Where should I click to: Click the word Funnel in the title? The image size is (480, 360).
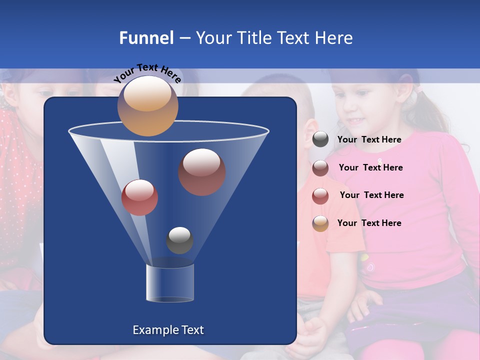coord(146,38)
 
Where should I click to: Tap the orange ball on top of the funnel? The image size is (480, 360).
coord(148,105)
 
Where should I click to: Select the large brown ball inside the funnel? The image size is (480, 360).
coord(201,171)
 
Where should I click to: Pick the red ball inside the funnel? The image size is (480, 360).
coord(139,197)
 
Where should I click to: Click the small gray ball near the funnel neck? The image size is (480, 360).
coord(179,240)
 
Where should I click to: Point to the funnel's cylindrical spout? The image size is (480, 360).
coord(169,283)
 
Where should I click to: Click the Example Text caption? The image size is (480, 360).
coord(168,330)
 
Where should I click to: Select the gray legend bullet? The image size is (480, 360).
coord(320,139)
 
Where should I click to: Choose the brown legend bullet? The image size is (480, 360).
coord(320,168)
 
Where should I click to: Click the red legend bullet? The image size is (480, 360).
coord(320,195)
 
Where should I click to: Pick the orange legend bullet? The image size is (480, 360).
coord(320,223)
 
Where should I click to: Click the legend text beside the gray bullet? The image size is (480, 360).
coord(369,139)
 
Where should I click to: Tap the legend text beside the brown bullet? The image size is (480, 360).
coord(370,167)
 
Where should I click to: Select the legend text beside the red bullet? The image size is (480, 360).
coord(371,195)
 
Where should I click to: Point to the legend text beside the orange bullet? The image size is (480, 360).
coord(369,223)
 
